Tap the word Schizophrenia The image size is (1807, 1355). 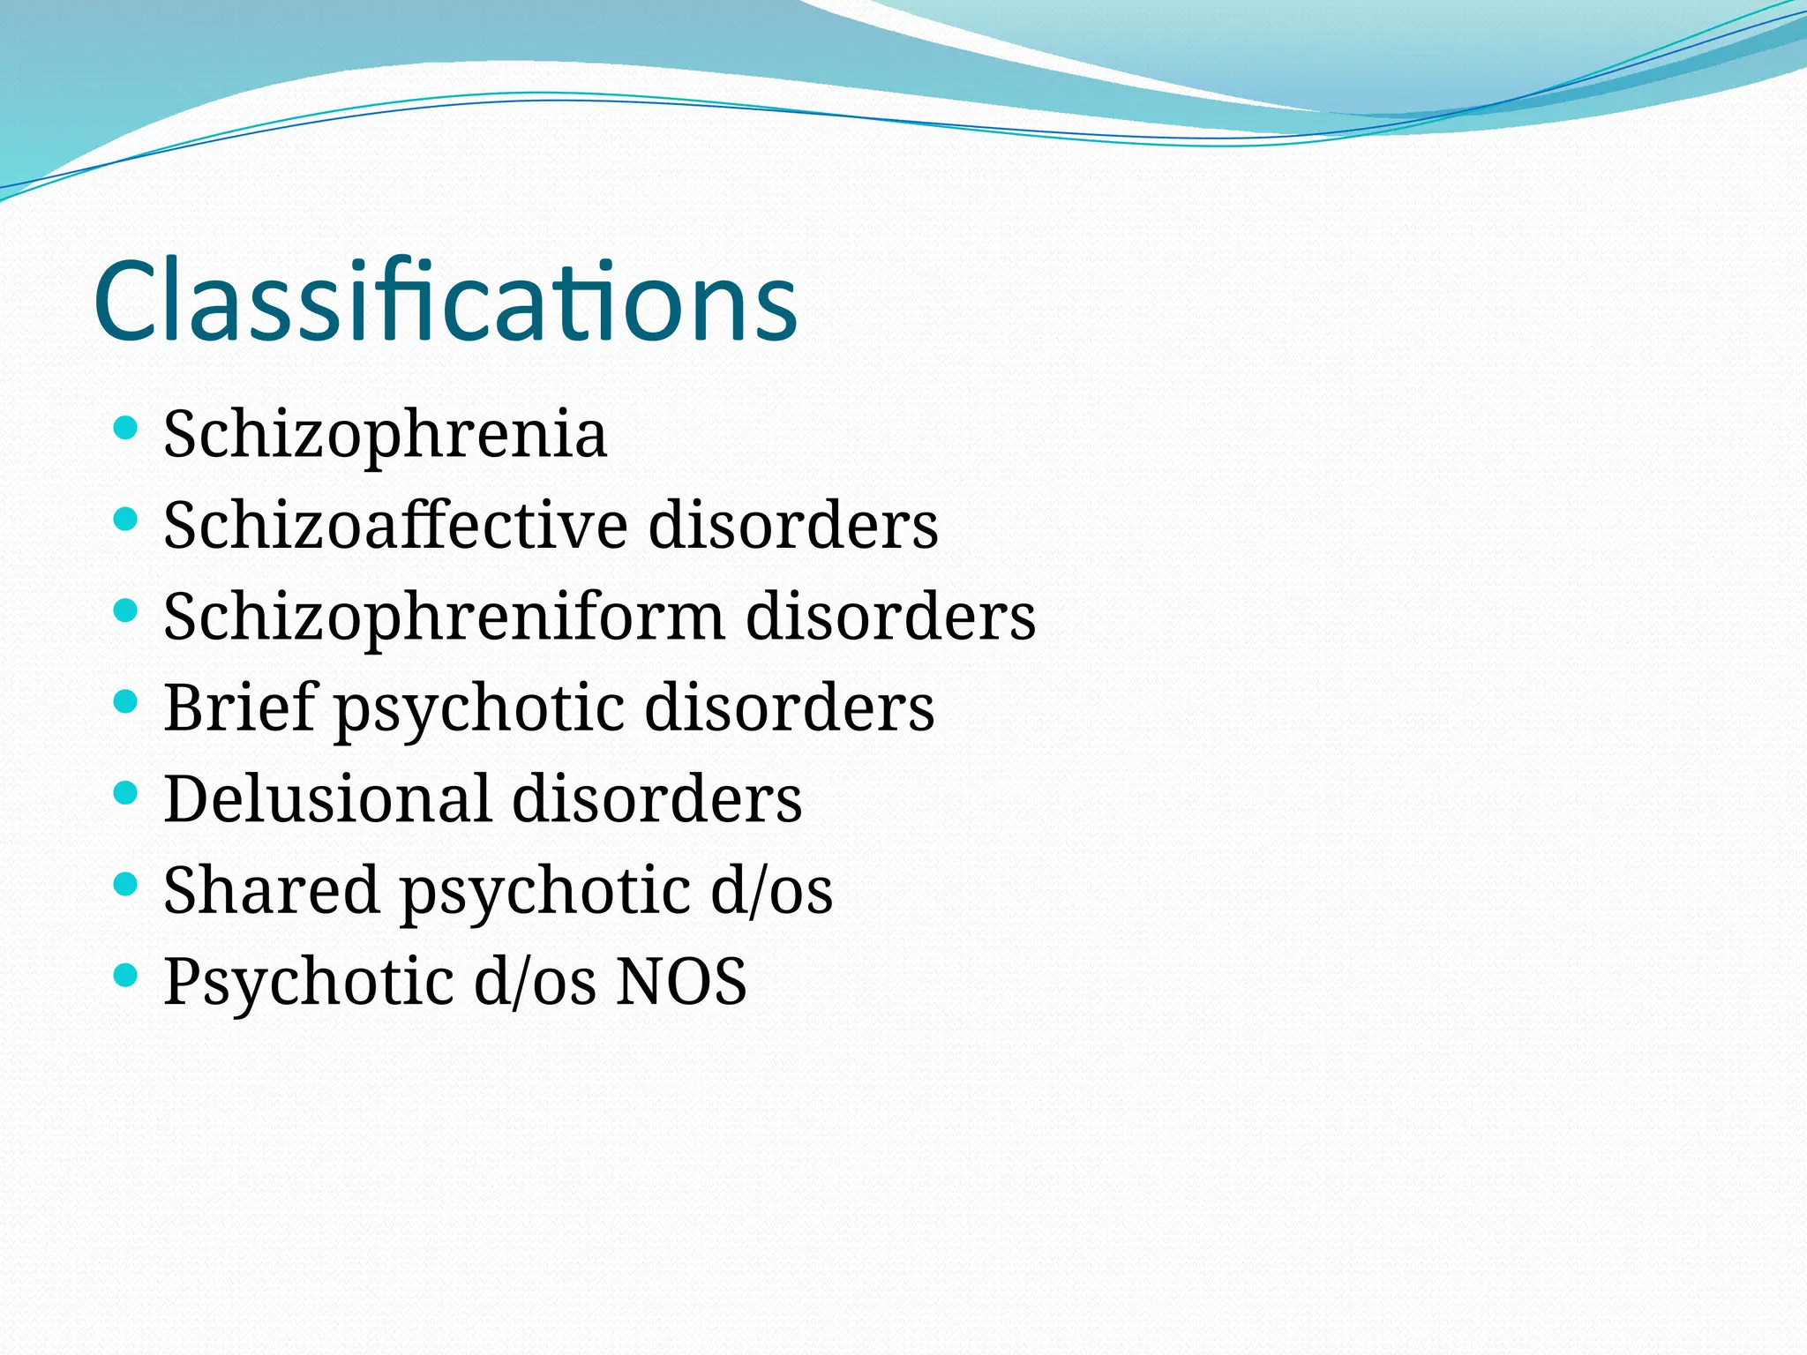pos(385,434)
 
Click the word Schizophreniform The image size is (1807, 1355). pos(444,617)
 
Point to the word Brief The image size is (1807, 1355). pos(239,707)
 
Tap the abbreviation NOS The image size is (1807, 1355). pos(681,981)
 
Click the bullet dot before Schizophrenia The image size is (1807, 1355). pos(126,429)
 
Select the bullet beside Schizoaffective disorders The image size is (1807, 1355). pos(126,520)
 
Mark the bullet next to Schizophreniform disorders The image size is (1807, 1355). pos(126,610)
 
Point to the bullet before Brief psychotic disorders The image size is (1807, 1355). pos(126,701)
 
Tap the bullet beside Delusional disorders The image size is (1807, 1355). pos(126,792)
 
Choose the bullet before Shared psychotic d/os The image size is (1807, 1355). pos(126,883)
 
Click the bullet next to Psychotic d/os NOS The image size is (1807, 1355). pos(126,974)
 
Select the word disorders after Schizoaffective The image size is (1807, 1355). pos(793,525)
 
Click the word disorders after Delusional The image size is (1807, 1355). pos(656,798)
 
